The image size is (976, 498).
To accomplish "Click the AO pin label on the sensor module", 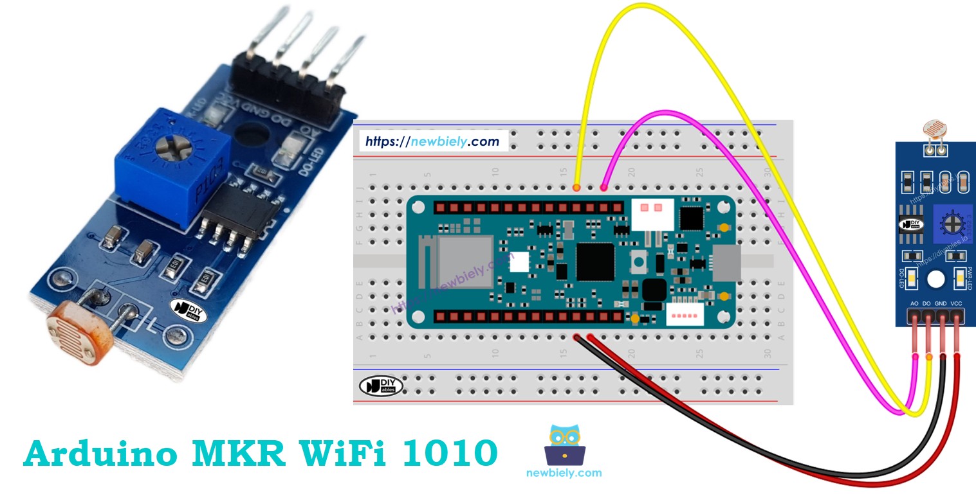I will pyautogui.click(x=914, y=303).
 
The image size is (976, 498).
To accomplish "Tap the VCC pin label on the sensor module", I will pyautogui.click(x=956, y=303).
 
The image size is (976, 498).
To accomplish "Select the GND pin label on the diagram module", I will pyautogui.click(x=941, y=303).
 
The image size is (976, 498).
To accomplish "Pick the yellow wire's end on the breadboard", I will pyautogui.click(x=576, y=188).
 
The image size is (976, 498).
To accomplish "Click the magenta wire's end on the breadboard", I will pyautogui.click(x=603, y=188).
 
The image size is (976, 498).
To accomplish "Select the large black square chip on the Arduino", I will pyautogui.click(x=596, y=262).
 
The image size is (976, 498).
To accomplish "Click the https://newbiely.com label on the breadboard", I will pyautogui.click(x=432, y=141).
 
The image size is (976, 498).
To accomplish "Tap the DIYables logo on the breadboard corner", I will pyautogui.click(x=381, y=386).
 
